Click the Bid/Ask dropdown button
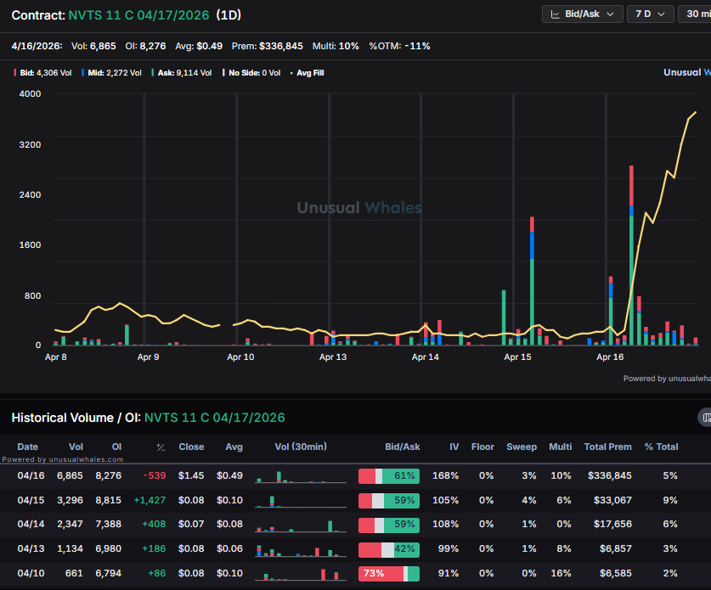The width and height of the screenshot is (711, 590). pos(582,14)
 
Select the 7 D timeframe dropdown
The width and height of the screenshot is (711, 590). pos(650,14)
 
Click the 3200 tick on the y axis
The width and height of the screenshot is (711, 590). pos(30,144)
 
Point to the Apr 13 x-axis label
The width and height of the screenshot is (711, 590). pos(333,357)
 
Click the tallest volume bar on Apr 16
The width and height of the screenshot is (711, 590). pos(631,255)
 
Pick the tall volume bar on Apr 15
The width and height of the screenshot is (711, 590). pos(532,280)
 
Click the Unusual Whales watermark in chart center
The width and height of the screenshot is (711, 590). pos(358,208)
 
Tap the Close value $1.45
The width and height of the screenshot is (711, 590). pos(191,476)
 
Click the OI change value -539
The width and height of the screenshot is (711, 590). pos(155,476)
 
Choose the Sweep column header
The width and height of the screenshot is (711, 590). pos(522,447)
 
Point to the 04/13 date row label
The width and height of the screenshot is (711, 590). pos(28,549)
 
